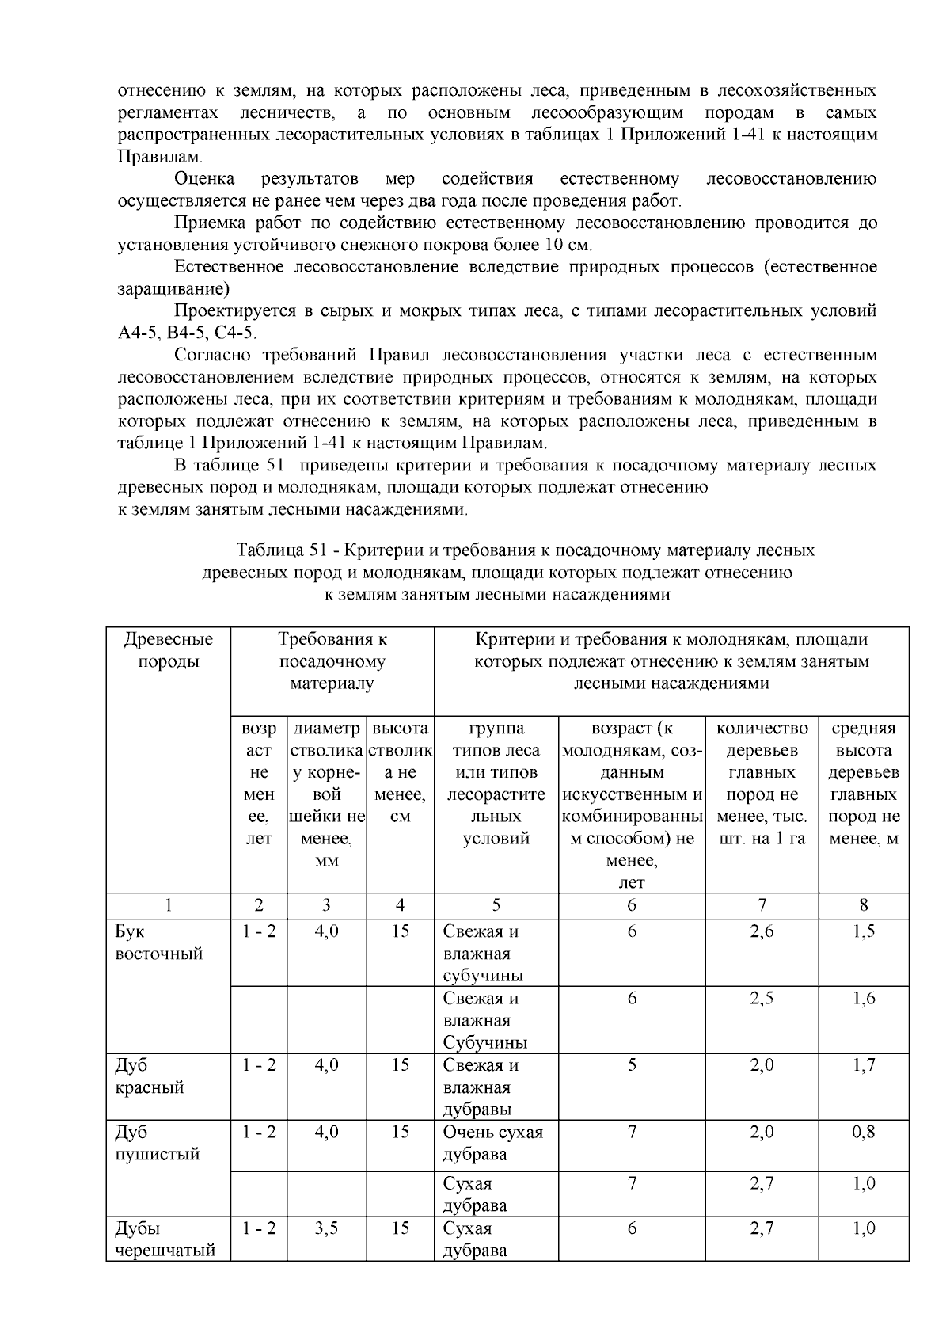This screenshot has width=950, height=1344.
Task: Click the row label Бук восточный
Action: [158, 942]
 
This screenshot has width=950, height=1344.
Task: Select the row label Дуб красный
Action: [149, 1076]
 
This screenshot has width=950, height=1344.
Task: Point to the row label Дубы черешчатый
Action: [165, 1239]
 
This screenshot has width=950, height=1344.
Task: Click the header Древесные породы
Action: [168, 650]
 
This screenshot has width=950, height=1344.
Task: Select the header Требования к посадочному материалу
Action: [332, 661]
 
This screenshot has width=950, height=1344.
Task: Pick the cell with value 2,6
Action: [762, 931]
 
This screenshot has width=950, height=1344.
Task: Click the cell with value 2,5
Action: [762, 998]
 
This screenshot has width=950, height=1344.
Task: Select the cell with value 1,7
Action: [863, 1064]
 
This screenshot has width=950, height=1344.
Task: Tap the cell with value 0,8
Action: [863, 1132]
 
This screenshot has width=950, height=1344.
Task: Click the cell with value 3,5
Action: [326, 1228]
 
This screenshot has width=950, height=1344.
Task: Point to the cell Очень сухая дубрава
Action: [492, 1143]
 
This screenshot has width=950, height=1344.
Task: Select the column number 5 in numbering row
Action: [496, 905]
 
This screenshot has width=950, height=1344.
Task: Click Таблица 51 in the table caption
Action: [281, 550]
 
